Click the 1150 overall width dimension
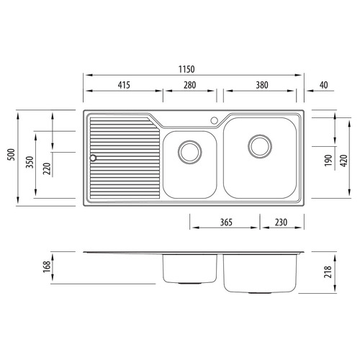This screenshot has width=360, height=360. [x=186, y=69]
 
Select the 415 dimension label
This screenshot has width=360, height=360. [x=124, y=85]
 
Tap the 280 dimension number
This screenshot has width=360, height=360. [x=189, y=85]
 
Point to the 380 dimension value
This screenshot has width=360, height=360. [x=262, y=85]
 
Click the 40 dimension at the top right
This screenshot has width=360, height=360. [x=324, y=85]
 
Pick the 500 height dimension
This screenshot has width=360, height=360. [x=12, y=155]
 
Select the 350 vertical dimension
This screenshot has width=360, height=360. [x=30, y=162]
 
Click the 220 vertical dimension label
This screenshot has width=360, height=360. [x=47, y=168]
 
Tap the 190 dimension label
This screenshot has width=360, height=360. [x=328, y=161]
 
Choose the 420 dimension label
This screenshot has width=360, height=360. [x=344, y=161]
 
